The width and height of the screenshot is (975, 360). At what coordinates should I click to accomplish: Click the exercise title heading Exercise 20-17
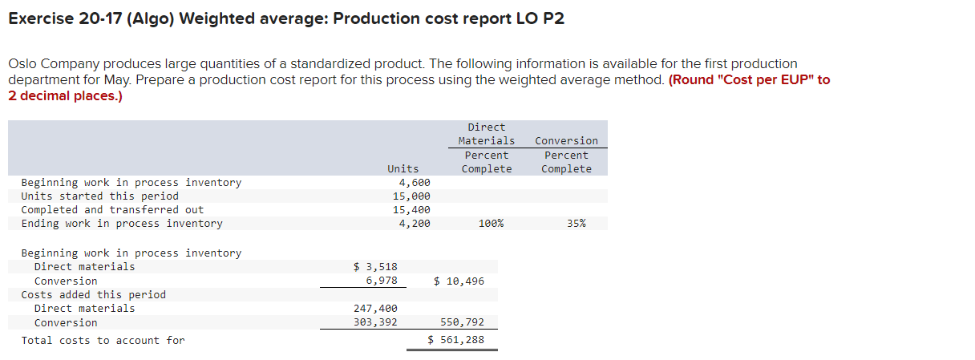tap(285, 18)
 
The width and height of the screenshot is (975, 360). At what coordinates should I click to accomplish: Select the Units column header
tap(403, 168)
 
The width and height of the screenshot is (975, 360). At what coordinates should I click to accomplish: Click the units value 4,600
tap(415, 183)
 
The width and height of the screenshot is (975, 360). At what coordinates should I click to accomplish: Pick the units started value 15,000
tap(411, 196)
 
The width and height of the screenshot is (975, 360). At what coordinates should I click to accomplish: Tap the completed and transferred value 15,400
tap(411, 210)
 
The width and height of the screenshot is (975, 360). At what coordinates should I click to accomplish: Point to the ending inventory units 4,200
tap(415, 224)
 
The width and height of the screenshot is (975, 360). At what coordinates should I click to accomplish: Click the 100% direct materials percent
tap(490, 224)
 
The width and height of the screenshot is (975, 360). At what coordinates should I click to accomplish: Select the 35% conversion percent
tap(576, 224)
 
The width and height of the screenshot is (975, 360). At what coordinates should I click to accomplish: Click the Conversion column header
tap(566, 141)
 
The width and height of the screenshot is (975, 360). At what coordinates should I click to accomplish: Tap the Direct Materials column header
tap(487, 134)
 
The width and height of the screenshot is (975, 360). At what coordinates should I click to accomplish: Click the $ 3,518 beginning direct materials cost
tap(375, 267)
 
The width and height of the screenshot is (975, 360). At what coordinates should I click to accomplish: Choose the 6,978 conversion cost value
tap(381, 281)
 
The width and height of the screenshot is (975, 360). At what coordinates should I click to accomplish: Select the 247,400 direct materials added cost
tap(375, 309)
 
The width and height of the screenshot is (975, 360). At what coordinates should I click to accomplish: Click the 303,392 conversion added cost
tap(375, 322)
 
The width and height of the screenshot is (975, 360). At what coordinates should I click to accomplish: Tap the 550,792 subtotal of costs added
tap(463, 322)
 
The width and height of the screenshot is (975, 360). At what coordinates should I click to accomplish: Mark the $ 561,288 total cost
tap(455, 340)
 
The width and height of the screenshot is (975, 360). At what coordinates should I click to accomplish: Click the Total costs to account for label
tap(103, 341)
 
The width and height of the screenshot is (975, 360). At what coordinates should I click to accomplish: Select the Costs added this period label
tap(93, 295)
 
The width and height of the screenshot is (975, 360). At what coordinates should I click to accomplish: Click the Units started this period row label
tap(99, 196)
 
